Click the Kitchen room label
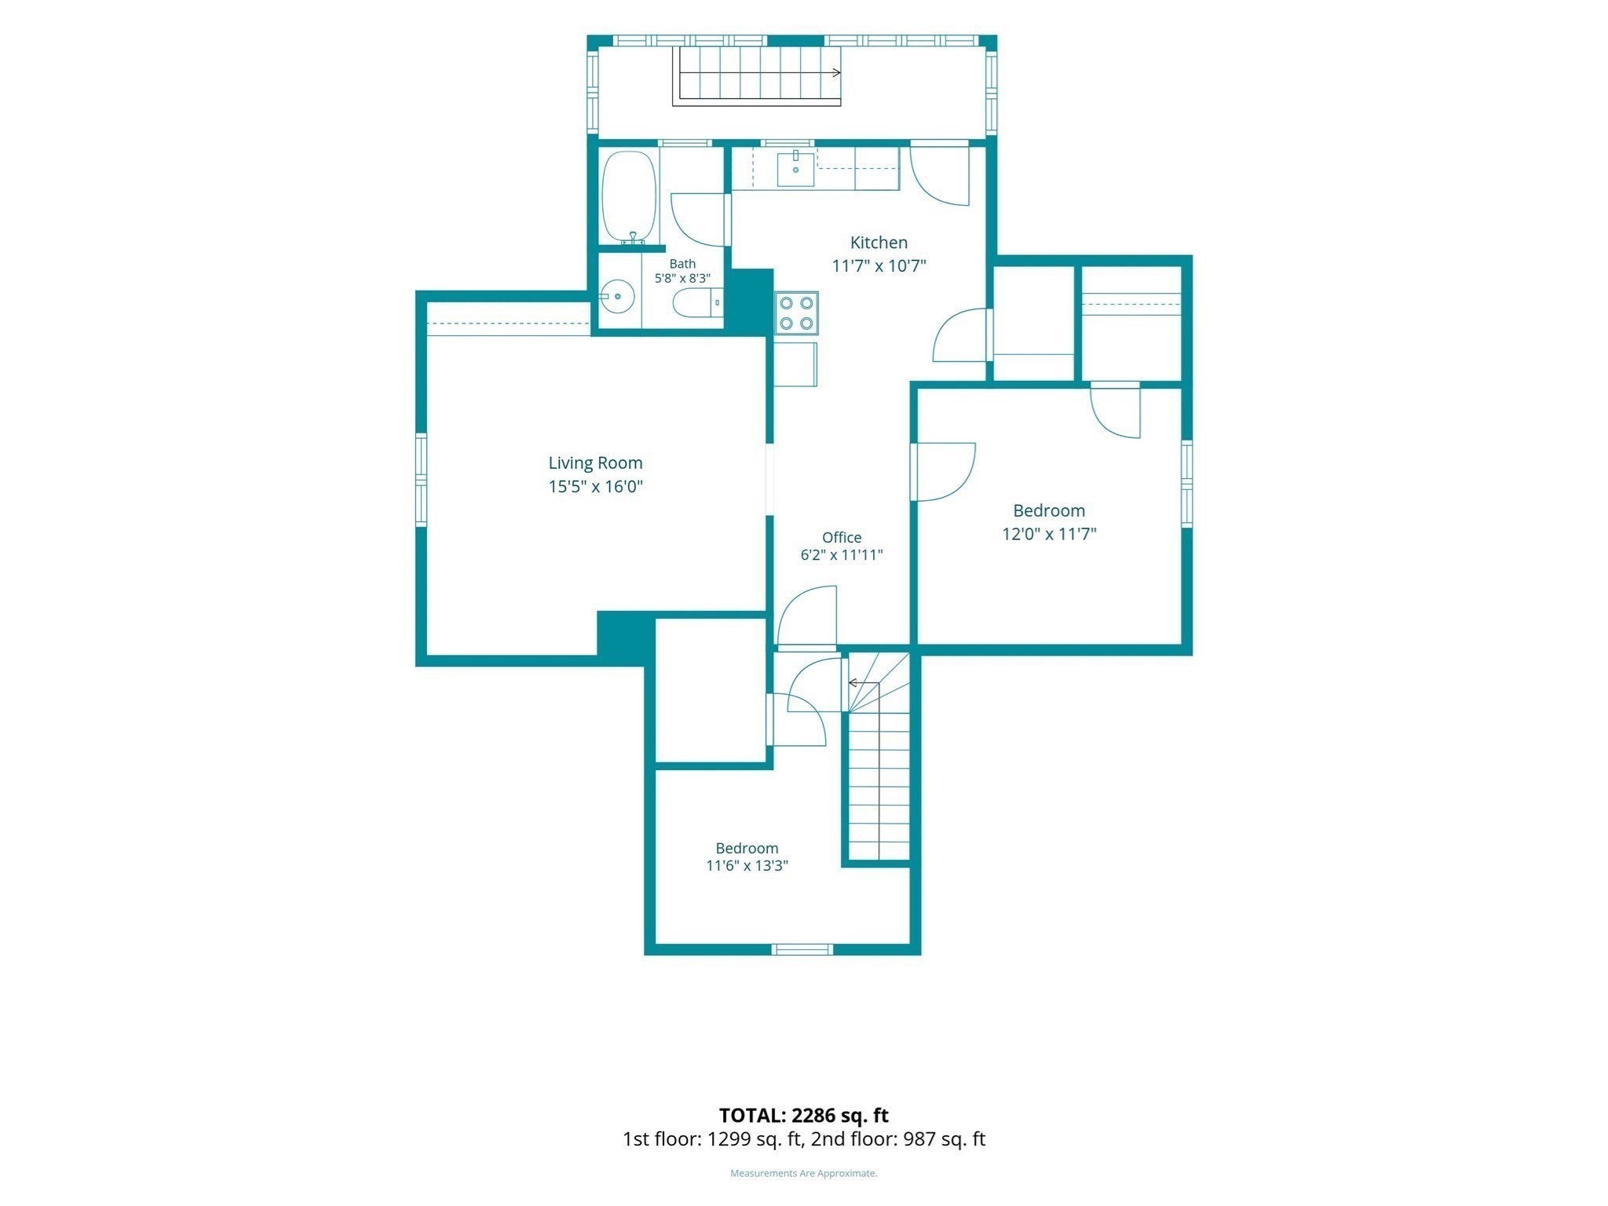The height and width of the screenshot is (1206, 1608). [879, 243]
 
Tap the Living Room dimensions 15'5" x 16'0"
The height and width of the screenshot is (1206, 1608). [595, 487]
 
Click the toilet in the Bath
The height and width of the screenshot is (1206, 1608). [698, 302]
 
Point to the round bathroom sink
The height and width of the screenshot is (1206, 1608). [618, 296]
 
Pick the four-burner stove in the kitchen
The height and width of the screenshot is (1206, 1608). [796, 312]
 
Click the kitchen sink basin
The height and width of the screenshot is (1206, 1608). [795, 170]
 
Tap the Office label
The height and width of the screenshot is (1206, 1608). [842, 538]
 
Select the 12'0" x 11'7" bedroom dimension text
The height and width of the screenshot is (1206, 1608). [1049, 534]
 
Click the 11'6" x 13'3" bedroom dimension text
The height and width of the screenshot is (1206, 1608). [747, 866]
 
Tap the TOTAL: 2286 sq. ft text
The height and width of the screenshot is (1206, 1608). [804, 1115]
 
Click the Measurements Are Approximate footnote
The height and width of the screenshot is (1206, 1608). [804, 1173]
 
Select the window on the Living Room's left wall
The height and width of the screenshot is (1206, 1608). [421, 480]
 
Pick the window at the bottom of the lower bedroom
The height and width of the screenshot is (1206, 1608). [802, 949]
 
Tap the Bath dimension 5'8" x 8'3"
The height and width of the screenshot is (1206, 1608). [682, 278]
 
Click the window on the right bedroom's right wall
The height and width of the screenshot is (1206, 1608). [1187, 484]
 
